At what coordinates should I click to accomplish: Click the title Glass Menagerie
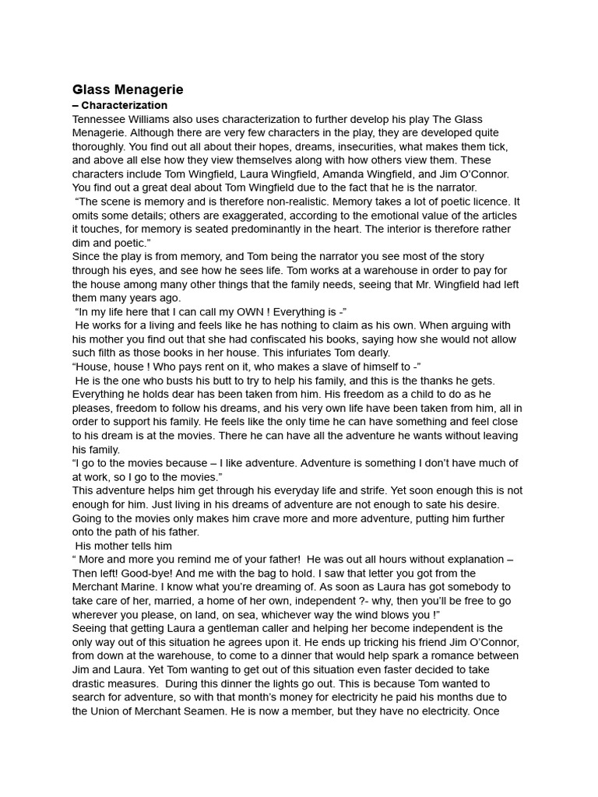click(128, 90)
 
